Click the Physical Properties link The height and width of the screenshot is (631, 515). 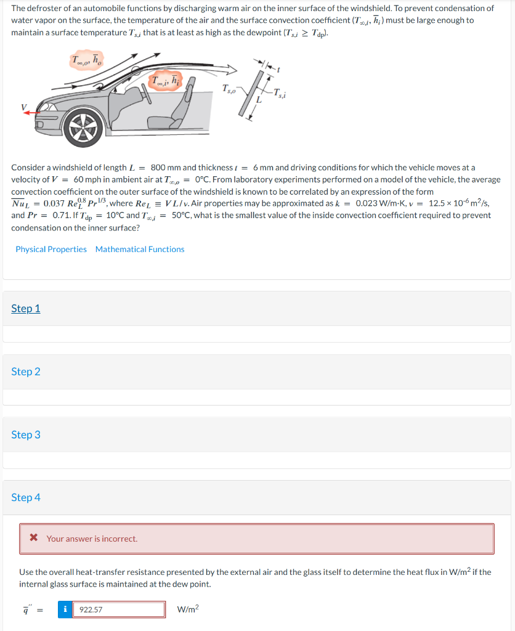pyautogui.click(x=51, y=249)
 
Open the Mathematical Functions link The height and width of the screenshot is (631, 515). pyautogui.click(x=140, y=249)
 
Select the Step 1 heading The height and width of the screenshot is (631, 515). pyautogui.click(x=26, y=308)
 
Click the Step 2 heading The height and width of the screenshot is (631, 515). pyautogui.click(x=26, y=372)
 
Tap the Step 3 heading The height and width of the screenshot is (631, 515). pyautogui.click(x=26, y=434)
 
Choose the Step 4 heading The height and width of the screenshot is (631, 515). pyautogui.click(x=26, y=497)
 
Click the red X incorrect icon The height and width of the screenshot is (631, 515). pyautogui.click(x=34, y=539)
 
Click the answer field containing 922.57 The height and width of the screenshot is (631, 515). pyautogui.click(x=119, y=609)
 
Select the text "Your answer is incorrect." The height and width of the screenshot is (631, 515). pyautogui.click(x=92, y=539)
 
